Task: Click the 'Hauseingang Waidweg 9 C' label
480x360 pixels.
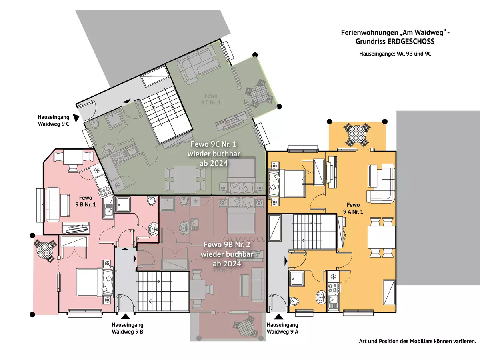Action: pyautogui.click(x=54, y=120)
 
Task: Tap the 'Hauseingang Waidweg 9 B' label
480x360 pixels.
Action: pyautogui.click(x=128, y=328)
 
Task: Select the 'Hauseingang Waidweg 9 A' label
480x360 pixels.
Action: pyautogui.click(x=282, y=328)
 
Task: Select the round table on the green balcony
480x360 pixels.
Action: pyautogui.click(x=259, y=94)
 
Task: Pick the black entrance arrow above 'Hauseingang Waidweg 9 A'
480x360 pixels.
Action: pyautogui.click(x=277, y=317)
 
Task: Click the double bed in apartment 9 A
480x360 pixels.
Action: pyautogui.click(x=287, y=182)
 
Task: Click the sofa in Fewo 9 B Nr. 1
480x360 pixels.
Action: pyautogui.click(x=52, y=204)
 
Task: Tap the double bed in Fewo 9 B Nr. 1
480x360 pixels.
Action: pyautogui.click(x=92, y=282)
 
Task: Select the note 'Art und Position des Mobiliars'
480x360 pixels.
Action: pyautogui.click(x=417, y=342)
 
